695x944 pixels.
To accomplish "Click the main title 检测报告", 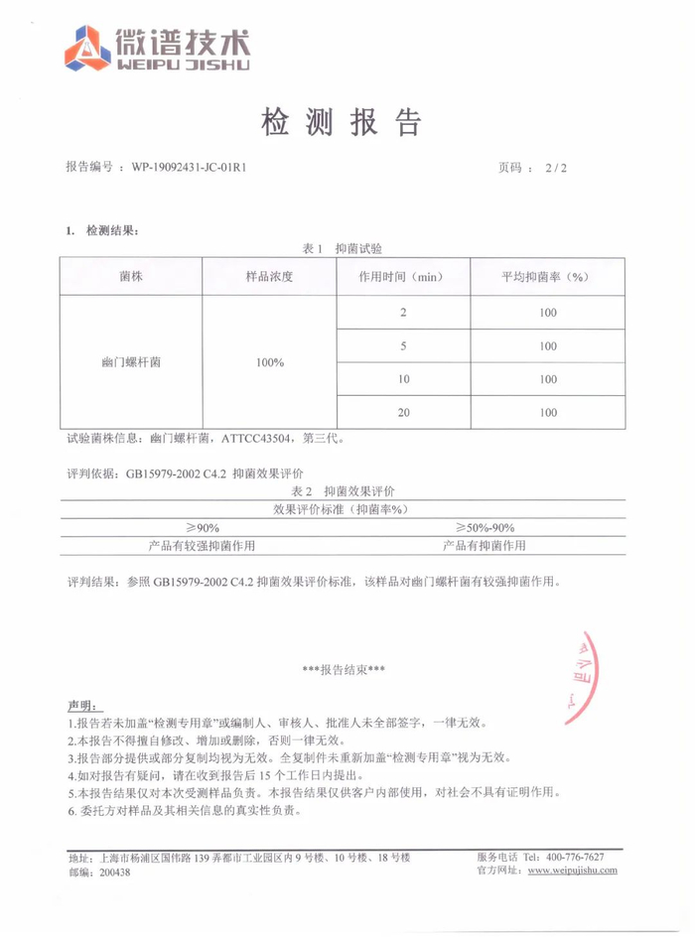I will click(341, 121).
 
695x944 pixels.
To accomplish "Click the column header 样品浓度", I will click(269, 276).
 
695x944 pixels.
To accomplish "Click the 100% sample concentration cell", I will click(269, 362).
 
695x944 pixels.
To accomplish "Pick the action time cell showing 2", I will click(403, 314).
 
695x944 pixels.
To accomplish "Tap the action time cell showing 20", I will click(403, 412).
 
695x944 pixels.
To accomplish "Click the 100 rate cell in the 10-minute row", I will click(548, 379).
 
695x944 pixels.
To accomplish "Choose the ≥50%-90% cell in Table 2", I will click(485, 527).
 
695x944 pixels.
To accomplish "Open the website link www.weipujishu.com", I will click(572, 871).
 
